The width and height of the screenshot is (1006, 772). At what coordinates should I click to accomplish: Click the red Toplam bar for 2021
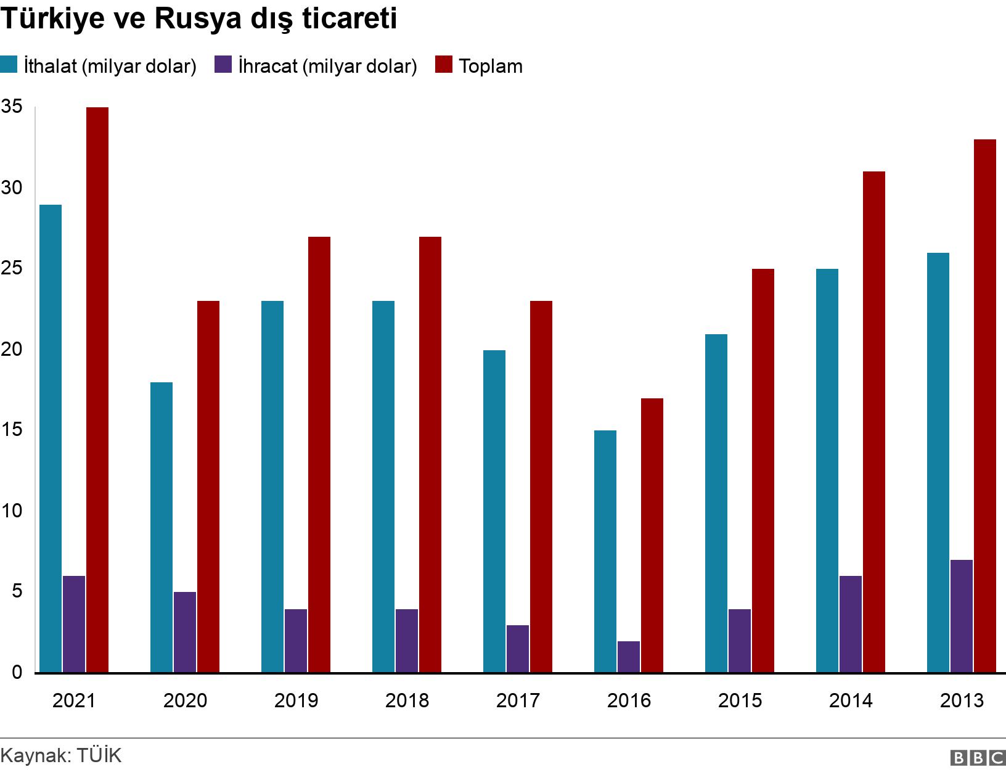coord(97,390)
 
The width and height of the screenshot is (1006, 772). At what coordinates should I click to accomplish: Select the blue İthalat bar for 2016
coord(605,551)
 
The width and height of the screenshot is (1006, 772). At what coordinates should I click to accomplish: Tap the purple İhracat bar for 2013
coord(962,616)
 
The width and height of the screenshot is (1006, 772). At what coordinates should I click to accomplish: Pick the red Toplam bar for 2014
coord(874,422)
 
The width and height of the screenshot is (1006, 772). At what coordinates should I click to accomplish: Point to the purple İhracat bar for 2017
coord(518,649)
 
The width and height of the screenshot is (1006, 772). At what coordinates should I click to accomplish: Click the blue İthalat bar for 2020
coord(162,527)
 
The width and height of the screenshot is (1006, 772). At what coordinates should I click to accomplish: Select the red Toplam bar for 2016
coord(652,535)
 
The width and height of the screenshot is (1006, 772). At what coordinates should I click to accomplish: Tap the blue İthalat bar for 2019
coord(272,487)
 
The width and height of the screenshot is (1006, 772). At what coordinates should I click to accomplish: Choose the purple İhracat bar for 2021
coord(74,624)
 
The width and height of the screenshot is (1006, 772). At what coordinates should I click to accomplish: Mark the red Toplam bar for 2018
coord(430,454)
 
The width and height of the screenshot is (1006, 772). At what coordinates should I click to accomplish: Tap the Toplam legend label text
coord(491,66)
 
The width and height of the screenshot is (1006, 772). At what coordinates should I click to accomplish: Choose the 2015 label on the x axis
coord(740,700)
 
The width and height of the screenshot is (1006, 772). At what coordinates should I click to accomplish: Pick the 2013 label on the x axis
coord(962,700)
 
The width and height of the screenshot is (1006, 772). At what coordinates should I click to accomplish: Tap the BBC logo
coord(978,757)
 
